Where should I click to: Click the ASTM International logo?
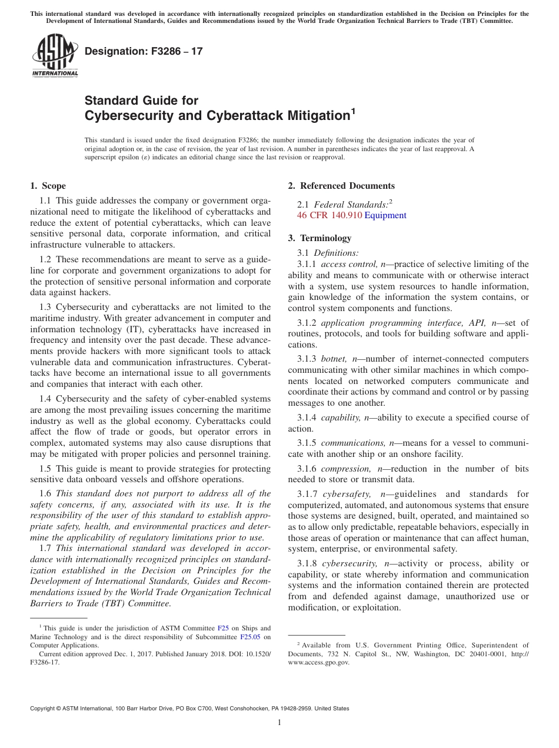coord(55,56)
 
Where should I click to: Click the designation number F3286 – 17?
coord(144,51)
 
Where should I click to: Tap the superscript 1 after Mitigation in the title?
coord(353,111)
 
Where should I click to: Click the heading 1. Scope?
coord(48,186)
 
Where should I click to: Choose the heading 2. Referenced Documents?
coord(341,186)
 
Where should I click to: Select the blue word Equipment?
coord(385,215)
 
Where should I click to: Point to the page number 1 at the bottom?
coord(279,723)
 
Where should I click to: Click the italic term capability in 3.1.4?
coord(341,418)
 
